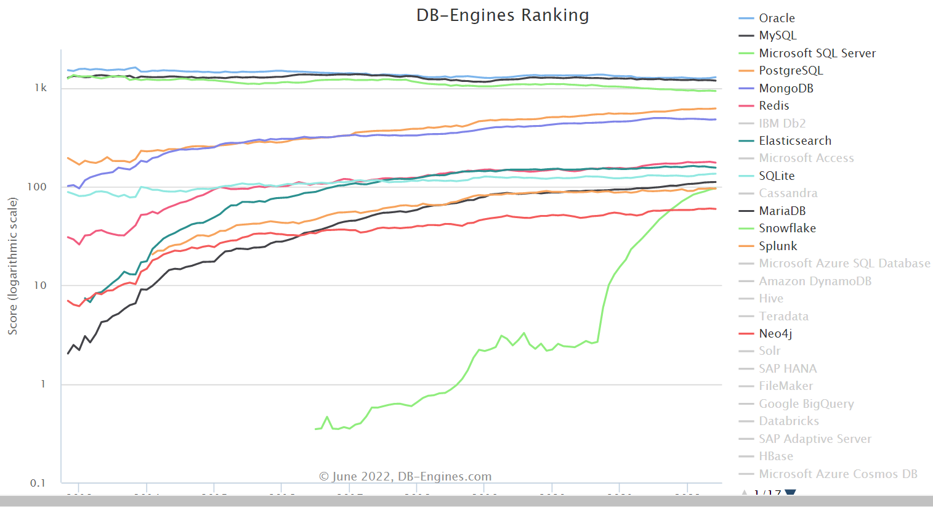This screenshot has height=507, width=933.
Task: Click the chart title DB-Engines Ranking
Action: (x=503, y=15)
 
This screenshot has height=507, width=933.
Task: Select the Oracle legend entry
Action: (x=776, y=18)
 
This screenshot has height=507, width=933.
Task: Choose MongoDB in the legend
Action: (x=786, y=88)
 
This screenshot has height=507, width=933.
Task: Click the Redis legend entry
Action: (x=773, y=105)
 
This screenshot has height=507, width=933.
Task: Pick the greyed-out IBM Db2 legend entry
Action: (x=782, y=123)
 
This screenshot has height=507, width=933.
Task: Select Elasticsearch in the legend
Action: (x=794, y=140)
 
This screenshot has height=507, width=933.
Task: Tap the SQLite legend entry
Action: (x=776, y=176)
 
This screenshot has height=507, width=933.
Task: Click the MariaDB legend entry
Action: (x=782, y=211)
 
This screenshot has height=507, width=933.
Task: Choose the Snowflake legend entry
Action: (x=786, y=228)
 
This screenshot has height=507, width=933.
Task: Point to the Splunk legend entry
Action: (x=777, y=246)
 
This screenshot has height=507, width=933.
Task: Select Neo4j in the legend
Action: (x=775, y=333)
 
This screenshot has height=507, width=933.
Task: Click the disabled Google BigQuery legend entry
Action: (x=806, y=404)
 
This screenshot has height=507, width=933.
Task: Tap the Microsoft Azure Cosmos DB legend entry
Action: (x=838, y=474)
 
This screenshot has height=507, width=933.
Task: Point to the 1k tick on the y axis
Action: (x=41, y=88)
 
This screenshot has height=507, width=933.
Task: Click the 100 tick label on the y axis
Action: (x=37, y=187)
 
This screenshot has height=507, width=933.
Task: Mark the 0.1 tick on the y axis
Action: (x=38, y=483)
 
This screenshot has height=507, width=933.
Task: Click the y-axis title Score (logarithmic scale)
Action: (x=13, y=266)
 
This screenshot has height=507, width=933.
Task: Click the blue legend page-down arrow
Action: (x=791, y=493)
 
